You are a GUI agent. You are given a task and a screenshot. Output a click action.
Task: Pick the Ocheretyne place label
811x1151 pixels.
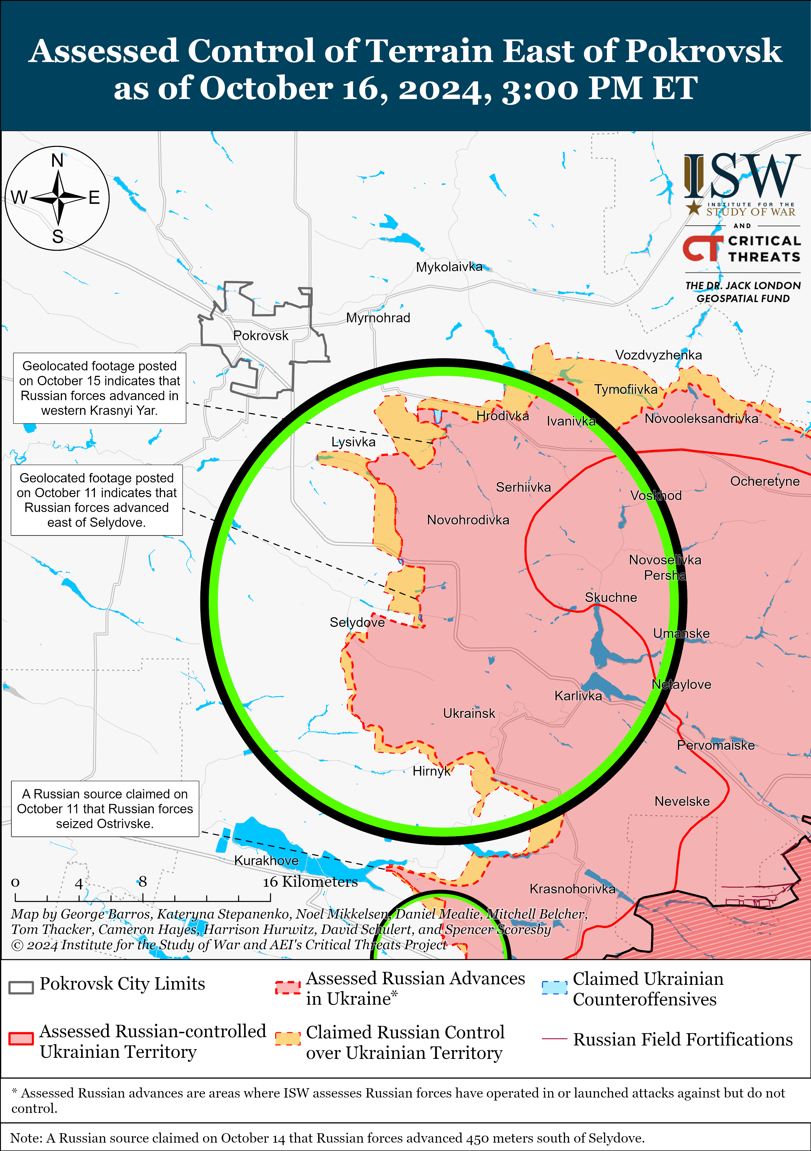[764, 481]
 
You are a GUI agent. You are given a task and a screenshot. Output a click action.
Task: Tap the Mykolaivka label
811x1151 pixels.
[449, 267]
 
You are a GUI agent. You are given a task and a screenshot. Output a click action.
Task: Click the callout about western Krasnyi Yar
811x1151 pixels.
[99, 388]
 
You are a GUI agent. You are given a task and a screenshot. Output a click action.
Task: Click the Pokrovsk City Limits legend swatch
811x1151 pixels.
[21, 986]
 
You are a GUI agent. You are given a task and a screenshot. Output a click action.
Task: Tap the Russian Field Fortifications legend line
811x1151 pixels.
[554, 1039]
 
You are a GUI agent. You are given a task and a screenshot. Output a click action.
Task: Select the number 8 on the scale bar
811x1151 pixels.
[142, 881]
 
